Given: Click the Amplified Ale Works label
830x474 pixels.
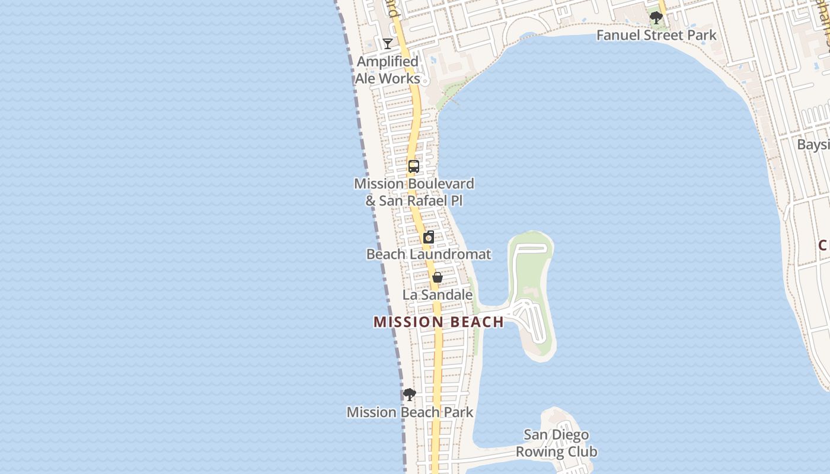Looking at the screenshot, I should (388, 70).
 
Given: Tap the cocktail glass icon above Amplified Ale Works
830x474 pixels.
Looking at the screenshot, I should (388, 44).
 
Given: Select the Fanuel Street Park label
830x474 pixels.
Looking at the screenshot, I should (656, 35).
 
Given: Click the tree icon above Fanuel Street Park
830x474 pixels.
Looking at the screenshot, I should (656, 18).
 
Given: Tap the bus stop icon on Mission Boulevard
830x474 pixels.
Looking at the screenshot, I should (414, 166).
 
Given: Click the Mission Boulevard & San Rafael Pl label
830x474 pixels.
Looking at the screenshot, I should (414, 192).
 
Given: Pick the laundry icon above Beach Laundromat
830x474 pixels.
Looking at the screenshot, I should (429, 238).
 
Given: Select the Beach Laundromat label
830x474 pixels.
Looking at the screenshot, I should (429, 254).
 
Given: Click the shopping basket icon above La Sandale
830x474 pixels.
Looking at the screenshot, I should (438, 277).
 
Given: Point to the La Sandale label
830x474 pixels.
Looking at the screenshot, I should (438, 294).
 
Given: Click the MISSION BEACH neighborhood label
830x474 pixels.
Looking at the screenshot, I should (439, 322).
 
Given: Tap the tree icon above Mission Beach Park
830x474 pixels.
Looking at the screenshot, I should (410, 395).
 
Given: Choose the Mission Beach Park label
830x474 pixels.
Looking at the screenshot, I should (410, 412).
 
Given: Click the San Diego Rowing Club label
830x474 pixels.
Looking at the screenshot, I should (556, 443).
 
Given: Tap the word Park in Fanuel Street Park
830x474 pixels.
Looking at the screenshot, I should (701, 35).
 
